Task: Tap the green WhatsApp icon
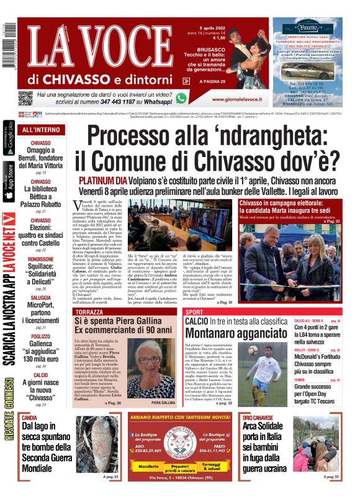181,97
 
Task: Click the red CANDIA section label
29,418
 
